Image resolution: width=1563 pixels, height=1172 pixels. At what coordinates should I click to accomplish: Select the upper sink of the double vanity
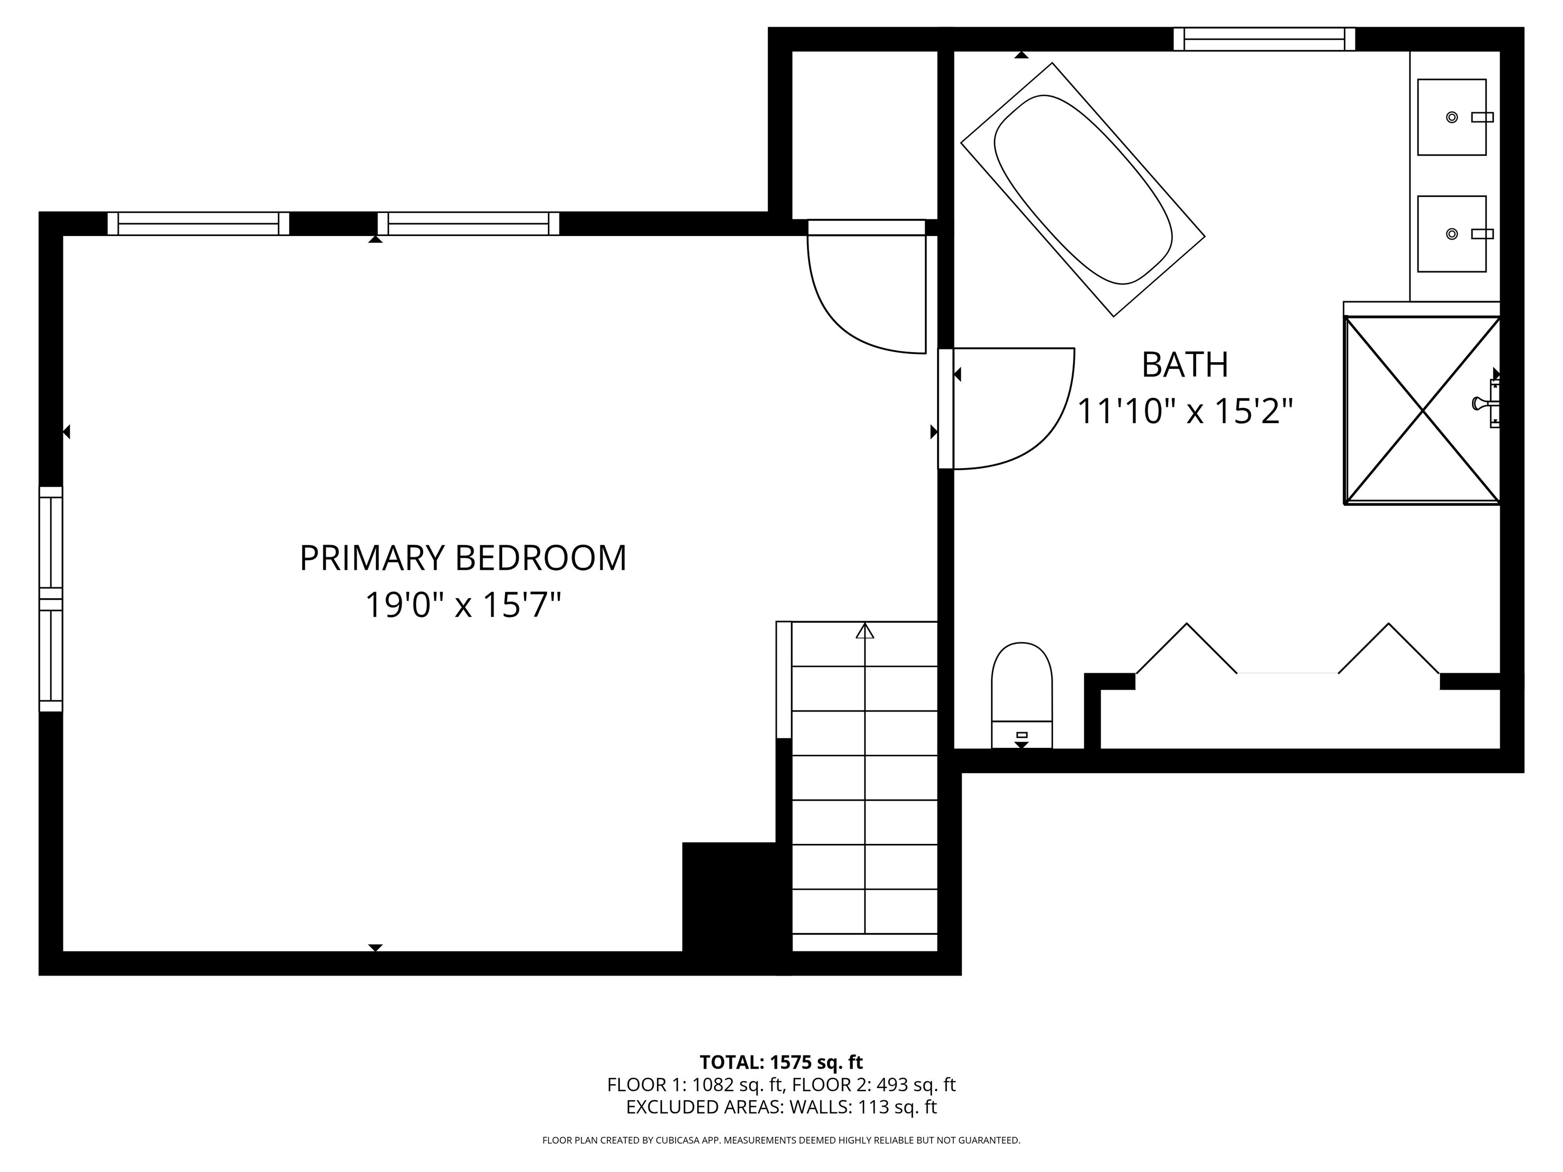coord(1452,118)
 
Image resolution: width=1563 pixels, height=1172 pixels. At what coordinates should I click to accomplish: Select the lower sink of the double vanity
coord(1452,234)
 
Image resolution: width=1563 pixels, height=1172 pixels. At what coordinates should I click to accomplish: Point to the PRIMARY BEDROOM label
coord(463,558)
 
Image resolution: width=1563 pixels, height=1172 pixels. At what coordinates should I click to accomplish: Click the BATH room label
coord(1185,365)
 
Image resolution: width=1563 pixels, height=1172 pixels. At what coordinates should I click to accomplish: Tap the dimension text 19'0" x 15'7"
coord(463,605)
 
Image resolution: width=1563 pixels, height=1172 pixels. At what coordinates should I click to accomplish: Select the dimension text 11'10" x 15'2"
coord(1185,411)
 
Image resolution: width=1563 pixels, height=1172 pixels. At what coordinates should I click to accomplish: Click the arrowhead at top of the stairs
coord(865,631)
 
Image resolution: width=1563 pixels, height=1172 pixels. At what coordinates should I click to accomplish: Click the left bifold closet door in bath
coord(1186,650)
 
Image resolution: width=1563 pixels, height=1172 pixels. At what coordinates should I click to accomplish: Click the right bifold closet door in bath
coord(1388,650)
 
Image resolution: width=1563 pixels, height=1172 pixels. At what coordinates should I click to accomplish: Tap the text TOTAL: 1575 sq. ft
coord(781,1063)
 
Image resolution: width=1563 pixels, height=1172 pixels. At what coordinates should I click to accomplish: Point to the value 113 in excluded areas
coord(874,1106)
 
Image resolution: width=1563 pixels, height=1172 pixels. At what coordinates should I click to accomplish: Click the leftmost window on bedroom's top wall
coord(198,223)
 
